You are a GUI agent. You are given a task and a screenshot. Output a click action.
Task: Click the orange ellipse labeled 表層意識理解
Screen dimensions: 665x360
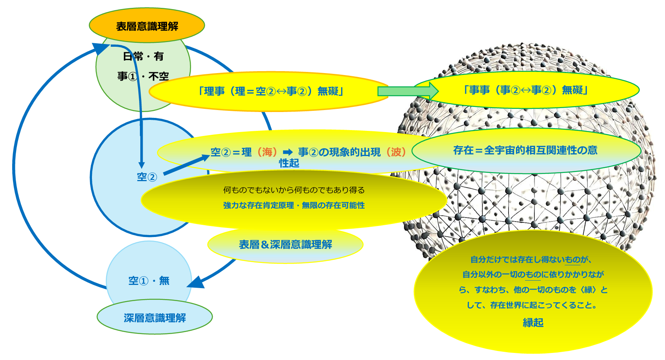click(x=147, y=25)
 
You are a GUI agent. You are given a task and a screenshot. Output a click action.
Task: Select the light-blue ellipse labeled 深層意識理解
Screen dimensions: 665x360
click(x=155, y=317)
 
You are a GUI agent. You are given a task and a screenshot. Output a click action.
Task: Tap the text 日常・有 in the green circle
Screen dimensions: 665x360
click(x=143, y=56)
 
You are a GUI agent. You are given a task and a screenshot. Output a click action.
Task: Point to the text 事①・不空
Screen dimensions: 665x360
click(x=143, y=76)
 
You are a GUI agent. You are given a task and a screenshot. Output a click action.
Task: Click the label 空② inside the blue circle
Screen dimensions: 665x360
click(x=147, y=177)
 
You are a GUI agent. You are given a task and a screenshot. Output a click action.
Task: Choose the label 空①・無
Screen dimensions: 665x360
click(x=149, y=281)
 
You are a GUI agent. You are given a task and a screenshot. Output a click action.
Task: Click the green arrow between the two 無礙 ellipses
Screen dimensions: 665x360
click(x=408, y=91)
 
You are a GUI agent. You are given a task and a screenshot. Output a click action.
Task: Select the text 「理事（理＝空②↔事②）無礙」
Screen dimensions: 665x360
click(x=271, y=91)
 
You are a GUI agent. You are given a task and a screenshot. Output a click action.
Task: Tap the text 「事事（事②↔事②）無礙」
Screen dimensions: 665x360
click(x=526, y=90)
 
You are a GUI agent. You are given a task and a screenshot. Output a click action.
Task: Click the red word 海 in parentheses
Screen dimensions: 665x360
click(x=267, y=152)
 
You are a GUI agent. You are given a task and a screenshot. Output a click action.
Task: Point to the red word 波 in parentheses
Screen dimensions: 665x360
click(x=396, y=152)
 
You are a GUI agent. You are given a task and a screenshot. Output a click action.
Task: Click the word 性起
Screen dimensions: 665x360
click(x=289, y=163)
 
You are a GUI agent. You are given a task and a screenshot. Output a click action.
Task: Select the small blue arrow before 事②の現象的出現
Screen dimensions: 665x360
click(x=288, y=152)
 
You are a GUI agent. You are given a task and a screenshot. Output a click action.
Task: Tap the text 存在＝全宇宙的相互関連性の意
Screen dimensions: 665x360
click(x=525, y=150)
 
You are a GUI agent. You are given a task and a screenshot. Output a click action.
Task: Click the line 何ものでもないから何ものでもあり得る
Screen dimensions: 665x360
click(x=294, y=190)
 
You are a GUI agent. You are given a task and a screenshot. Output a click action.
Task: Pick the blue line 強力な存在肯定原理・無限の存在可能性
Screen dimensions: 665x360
click(x=294, y=206)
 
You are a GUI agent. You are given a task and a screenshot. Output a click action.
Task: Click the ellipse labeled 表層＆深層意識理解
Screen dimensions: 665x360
click(x=285, y=244)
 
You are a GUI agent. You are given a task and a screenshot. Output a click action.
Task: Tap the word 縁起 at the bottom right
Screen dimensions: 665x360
click(x=533, y=323)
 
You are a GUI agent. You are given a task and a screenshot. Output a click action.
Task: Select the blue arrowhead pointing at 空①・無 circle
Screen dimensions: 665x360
click(x=196, y=282)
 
